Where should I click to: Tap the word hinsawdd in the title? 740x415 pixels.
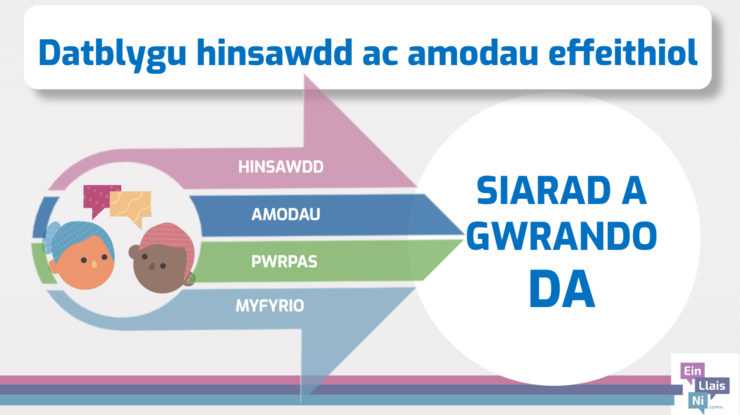pyautogui.click(x=274, y=52)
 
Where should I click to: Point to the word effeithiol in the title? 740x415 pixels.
pyautogui.click(x=623, y=52)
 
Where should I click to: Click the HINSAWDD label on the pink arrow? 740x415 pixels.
pyautogui.click(x=281, y=167)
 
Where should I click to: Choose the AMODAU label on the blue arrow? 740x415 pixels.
pyautogui.click(x=286, y=214)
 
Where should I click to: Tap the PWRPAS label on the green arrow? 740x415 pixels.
pyautogui.click(x=284, y=262)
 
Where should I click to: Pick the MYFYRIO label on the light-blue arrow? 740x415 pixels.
pyautogui.click(x=270, y=305)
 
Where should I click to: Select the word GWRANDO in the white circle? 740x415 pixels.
pyautogui.click(x=562, y=236)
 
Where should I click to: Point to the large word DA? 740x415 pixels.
pyautogui.click(x=562, y=289)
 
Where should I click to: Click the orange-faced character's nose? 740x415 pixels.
pyautogui.click(x=94, y=264)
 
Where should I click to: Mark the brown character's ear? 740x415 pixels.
pyautogui.click(x=134, y=252)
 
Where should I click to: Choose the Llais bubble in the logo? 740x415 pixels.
pyautogui.click(x=712, y=386)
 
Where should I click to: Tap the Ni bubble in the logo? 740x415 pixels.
pyautogui.click(x=698, y=401)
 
